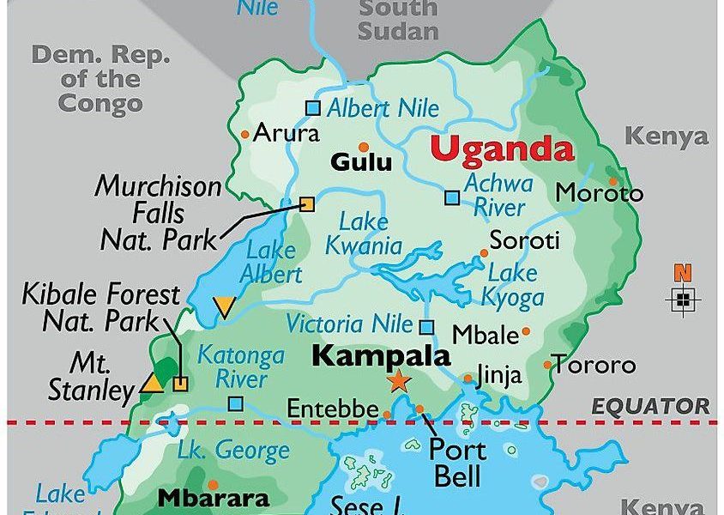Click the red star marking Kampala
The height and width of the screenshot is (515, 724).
point(398,381)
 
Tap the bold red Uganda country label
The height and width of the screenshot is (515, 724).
point(502,148)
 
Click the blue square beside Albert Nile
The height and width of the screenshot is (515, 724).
point(313,108)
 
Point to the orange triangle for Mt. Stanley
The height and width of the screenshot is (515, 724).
point(153,383)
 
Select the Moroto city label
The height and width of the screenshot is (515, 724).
point(599,193)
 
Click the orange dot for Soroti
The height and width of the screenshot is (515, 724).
point(484,253)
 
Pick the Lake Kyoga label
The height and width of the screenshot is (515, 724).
point(516,286)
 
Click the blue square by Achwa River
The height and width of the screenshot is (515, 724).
point(452,197)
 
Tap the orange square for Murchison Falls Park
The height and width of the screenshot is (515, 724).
point(306,203)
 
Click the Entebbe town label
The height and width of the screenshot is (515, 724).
point(330,408)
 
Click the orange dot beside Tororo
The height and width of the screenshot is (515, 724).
point(547,365)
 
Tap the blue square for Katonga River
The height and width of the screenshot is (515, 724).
point(235,403)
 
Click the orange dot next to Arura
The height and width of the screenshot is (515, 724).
point(245,133)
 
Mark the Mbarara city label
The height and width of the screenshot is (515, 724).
point(213,497)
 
